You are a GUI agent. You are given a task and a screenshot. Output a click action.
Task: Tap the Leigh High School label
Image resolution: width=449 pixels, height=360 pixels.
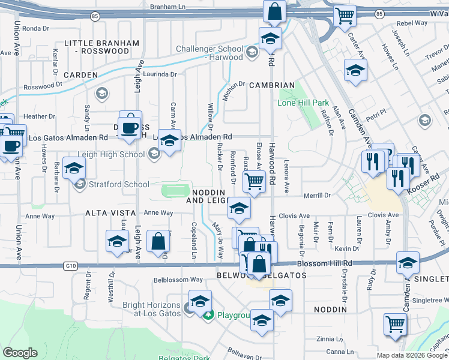click(x=119, y=154)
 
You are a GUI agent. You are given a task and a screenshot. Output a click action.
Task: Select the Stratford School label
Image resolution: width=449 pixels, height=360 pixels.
click(x=119, y=184)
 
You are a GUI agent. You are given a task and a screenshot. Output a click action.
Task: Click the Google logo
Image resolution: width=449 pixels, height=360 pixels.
click(x=20, y=353)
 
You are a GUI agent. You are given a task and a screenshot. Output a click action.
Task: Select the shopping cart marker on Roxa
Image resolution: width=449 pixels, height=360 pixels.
click(x=255, y=181)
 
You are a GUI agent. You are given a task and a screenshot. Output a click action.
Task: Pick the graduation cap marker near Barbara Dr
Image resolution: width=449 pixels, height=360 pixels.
click(x=74, y=169)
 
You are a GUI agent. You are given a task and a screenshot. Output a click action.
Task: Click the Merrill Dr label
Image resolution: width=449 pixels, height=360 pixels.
click(x=318, y=196)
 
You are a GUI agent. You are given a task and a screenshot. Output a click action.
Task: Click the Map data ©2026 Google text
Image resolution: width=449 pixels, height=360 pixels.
click(x=412, y=355)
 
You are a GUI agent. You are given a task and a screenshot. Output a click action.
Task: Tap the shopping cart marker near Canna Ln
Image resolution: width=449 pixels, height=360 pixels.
click(x=396, y=325)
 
